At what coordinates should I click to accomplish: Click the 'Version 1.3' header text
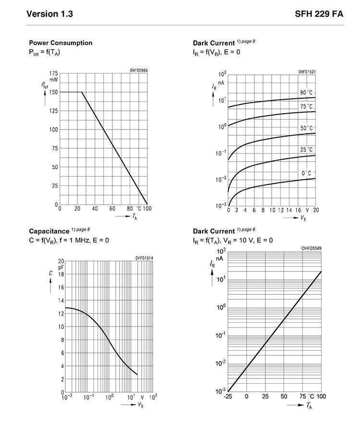tap(49, 14)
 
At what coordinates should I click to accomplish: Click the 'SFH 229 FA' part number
tap(319, 14)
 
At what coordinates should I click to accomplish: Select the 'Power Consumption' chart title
tap(60, 43)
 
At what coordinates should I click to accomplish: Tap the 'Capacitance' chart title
tap(49, 231)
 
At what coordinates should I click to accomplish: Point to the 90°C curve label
tap(306, 93)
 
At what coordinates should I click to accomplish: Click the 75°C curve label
tap(306, 106)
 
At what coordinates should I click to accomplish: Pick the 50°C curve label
tap(307, 128)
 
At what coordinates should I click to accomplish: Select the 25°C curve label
tap(307, 150)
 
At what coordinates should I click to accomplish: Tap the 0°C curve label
tap(306, 173)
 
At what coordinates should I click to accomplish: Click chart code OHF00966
tap(139, 70)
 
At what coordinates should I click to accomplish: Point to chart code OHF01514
tap(144, 258)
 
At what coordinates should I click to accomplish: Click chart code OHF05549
tap(311, 248)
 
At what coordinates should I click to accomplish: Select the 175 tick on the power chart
tap(53, 73)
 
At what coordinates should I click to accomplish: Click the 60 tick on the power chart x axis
tap(112, 209)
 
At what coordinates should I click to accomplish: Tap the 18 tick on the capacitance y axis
tap(61, 274)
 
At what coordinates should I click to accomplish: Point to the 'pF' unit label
tap(61, 268)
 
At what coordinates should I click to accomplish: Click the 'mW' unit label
tap(54, 80)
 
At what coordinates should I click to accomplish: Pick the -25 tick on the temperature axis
tap(228, 397)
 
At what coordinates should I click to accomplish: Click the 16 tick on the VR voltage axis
tap(298, 210)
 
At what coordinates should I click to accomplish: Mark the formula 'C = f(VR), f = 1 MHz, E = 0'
tap(69, 240)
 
